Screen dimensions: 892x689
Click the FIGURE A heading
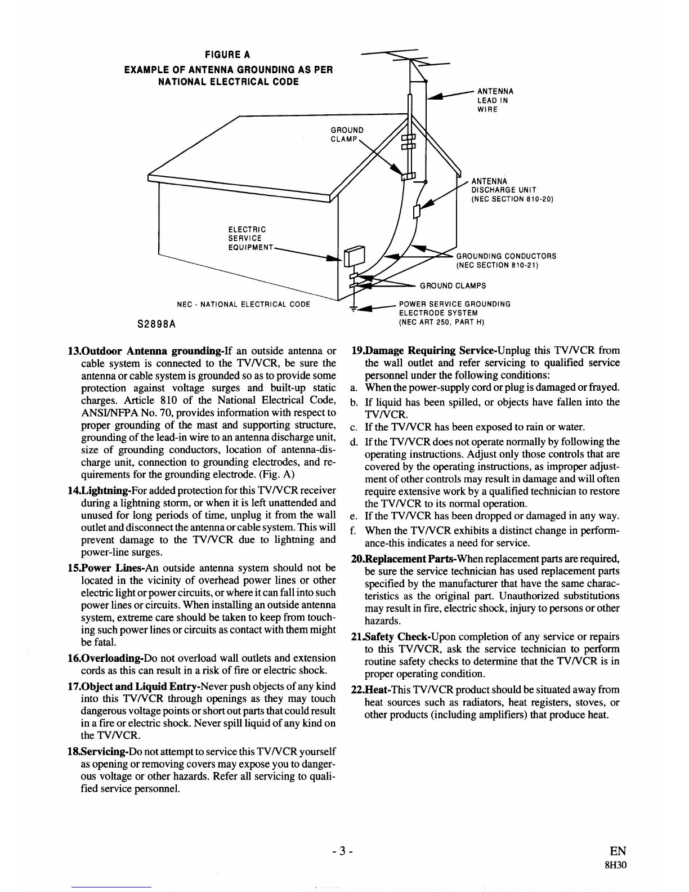pyautogui.click(x=228, y=55)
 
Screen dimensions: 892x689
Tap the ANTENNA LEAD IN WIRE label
pyautogui.click(x=495, y=100)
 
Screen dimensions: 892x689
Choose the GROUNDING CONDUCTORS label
pyautogui.click(x=505, y=260)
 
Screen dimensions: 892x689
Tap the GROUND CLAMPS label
pyautogui.click(x=453, y=286)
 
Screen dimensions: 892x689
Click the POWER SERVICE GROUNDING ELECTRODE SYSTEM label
pyautogui.click(x=454, y=313)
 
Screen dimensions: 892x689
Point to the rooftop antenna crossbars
pyautogui.click(x=411, y=56)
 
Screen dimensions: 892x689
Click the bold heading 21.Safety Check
pyautogui.click(x=389, y=637)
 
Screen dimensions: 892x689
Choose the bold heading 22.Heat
pyautogui.click(x=370, y=690)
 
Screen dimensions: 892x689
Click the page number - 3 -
pyautogui.click(x=342, y=851)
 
